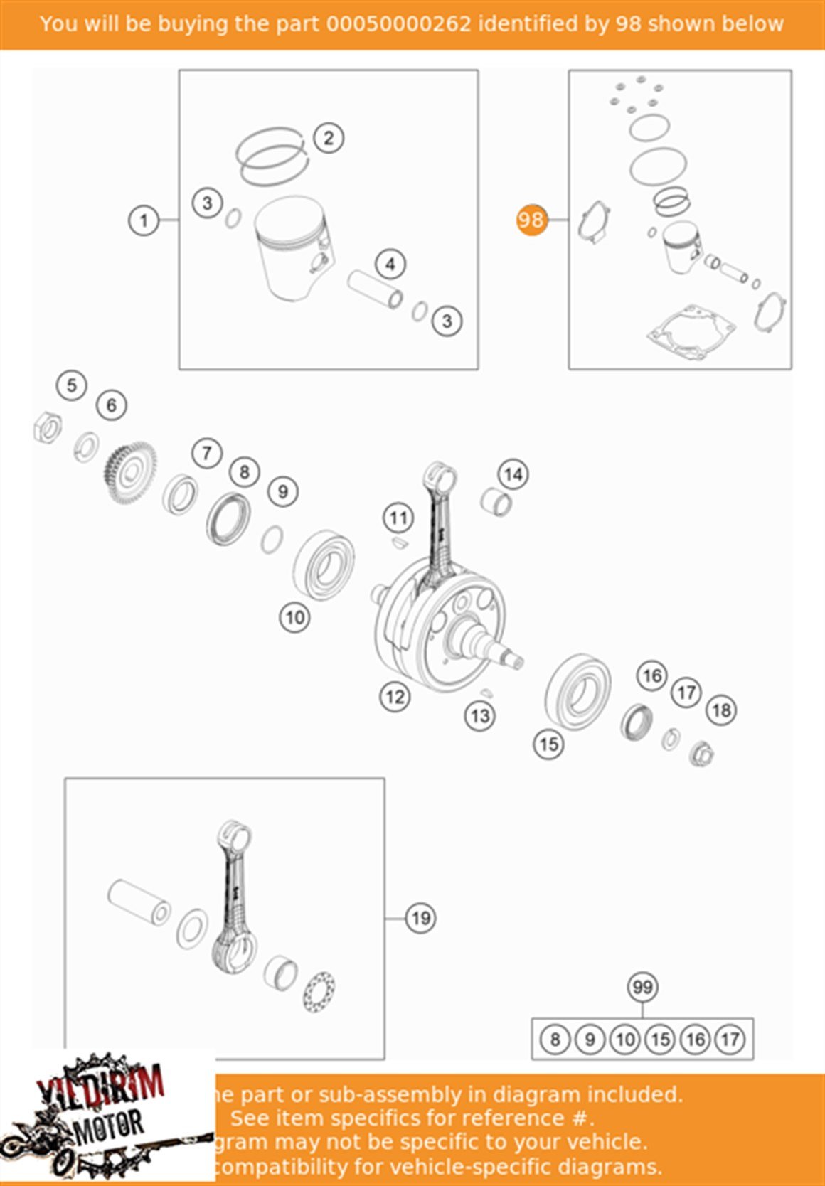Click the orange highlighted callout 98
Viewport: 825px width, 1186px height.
[x=531, y=220]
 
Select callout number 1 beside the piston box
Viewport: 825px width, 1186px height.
[x=144, y=220]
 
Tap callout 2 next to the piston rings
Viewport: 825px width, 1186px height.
[x=328, y=138]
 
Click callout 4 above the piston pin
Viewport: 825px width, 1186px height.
[x=390, y=265]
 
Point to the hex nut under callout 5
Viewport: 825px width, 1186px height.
[x=48, y=428]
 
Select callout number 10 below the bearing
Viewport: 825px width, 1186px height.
[x=294, y=617]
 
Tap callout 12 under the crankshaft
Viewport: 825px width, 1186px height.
[x=395, y=697]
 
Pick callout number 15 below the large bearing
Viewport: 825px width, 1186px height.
[x=548, y=744]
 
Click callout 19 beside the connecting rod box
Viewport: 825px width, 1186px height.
[x=420, y=918]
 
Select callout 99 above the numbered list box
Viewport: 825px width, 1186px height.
[x=642, y=987]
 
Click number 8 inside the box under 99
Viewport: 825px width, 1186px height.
[x=555, y=1040]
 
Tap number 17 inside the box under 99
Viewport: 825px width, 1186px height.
[x=730, y=1040]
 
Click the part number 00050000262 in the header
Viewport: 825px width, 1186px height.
[x=398, y=24]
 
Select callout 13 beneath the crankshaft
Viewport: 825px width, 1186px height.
[x=480, y=715]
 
